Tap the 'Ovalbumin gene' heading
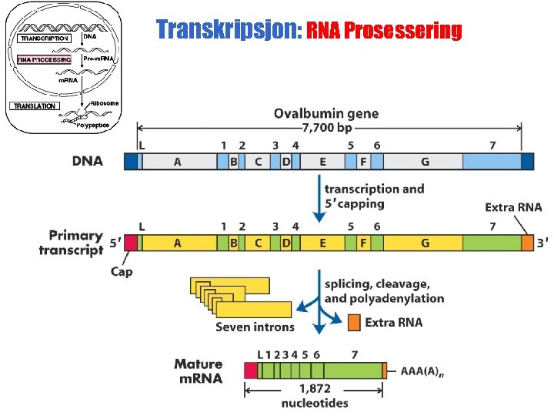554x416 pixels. pos(326,113)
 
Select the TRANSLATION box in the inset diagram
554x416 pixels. pos(34,106)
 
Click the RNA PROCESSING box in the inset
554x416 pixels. pos(44,59)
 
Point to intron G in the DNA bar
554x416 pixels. pos(425,161)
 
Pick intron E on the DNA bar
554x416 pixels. pos(322,161)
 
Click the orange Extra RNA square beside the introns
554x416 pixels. pos(353,321)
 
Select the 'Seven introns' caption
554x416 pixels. pos(255,327)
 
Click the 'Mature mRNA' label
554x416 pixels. pos(198,371)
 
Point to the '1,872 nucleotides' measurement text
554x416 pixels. pos(315,396)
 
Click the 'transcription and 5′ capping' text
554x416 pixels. pos(374,196)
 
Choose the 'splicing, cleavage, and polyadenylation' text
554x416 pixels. pos(384,291)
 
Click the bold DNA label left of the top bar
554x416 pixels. pos(87,160)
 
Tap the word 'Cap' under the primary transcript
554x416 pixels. pos(122,271)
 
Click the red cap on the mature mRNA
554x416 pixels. pos(251,371)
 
